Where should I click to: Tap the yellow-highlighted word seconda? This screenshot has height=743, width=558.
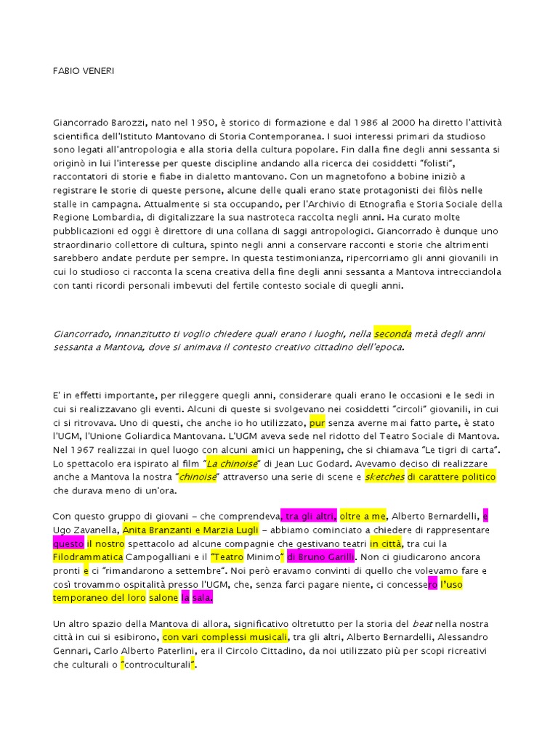(x=393, y=334)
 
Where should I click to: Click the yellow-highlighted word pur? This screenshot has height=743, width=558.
(x=317, y=422)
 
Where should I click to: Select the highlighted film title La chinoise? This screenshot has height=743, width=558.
(x=232, y=464)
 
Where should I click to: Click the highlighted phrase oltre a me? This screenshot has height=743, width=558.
(x=363, y=517)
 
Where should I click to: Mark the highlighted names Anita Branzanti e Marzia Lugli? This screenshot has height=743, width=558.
(x=185, y=530)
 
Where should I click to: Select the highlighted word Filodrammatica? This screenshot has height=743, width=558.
(x=87, y=558)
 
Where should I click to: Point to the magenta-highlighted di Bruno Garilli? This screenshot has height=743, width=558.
(x=321, y=558)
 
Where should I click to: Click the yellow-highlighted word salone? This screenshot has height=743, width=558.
(x=163, y=599)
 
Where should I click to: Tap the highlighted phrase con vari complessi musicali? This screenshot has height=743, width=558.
(x=225, y=638)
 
